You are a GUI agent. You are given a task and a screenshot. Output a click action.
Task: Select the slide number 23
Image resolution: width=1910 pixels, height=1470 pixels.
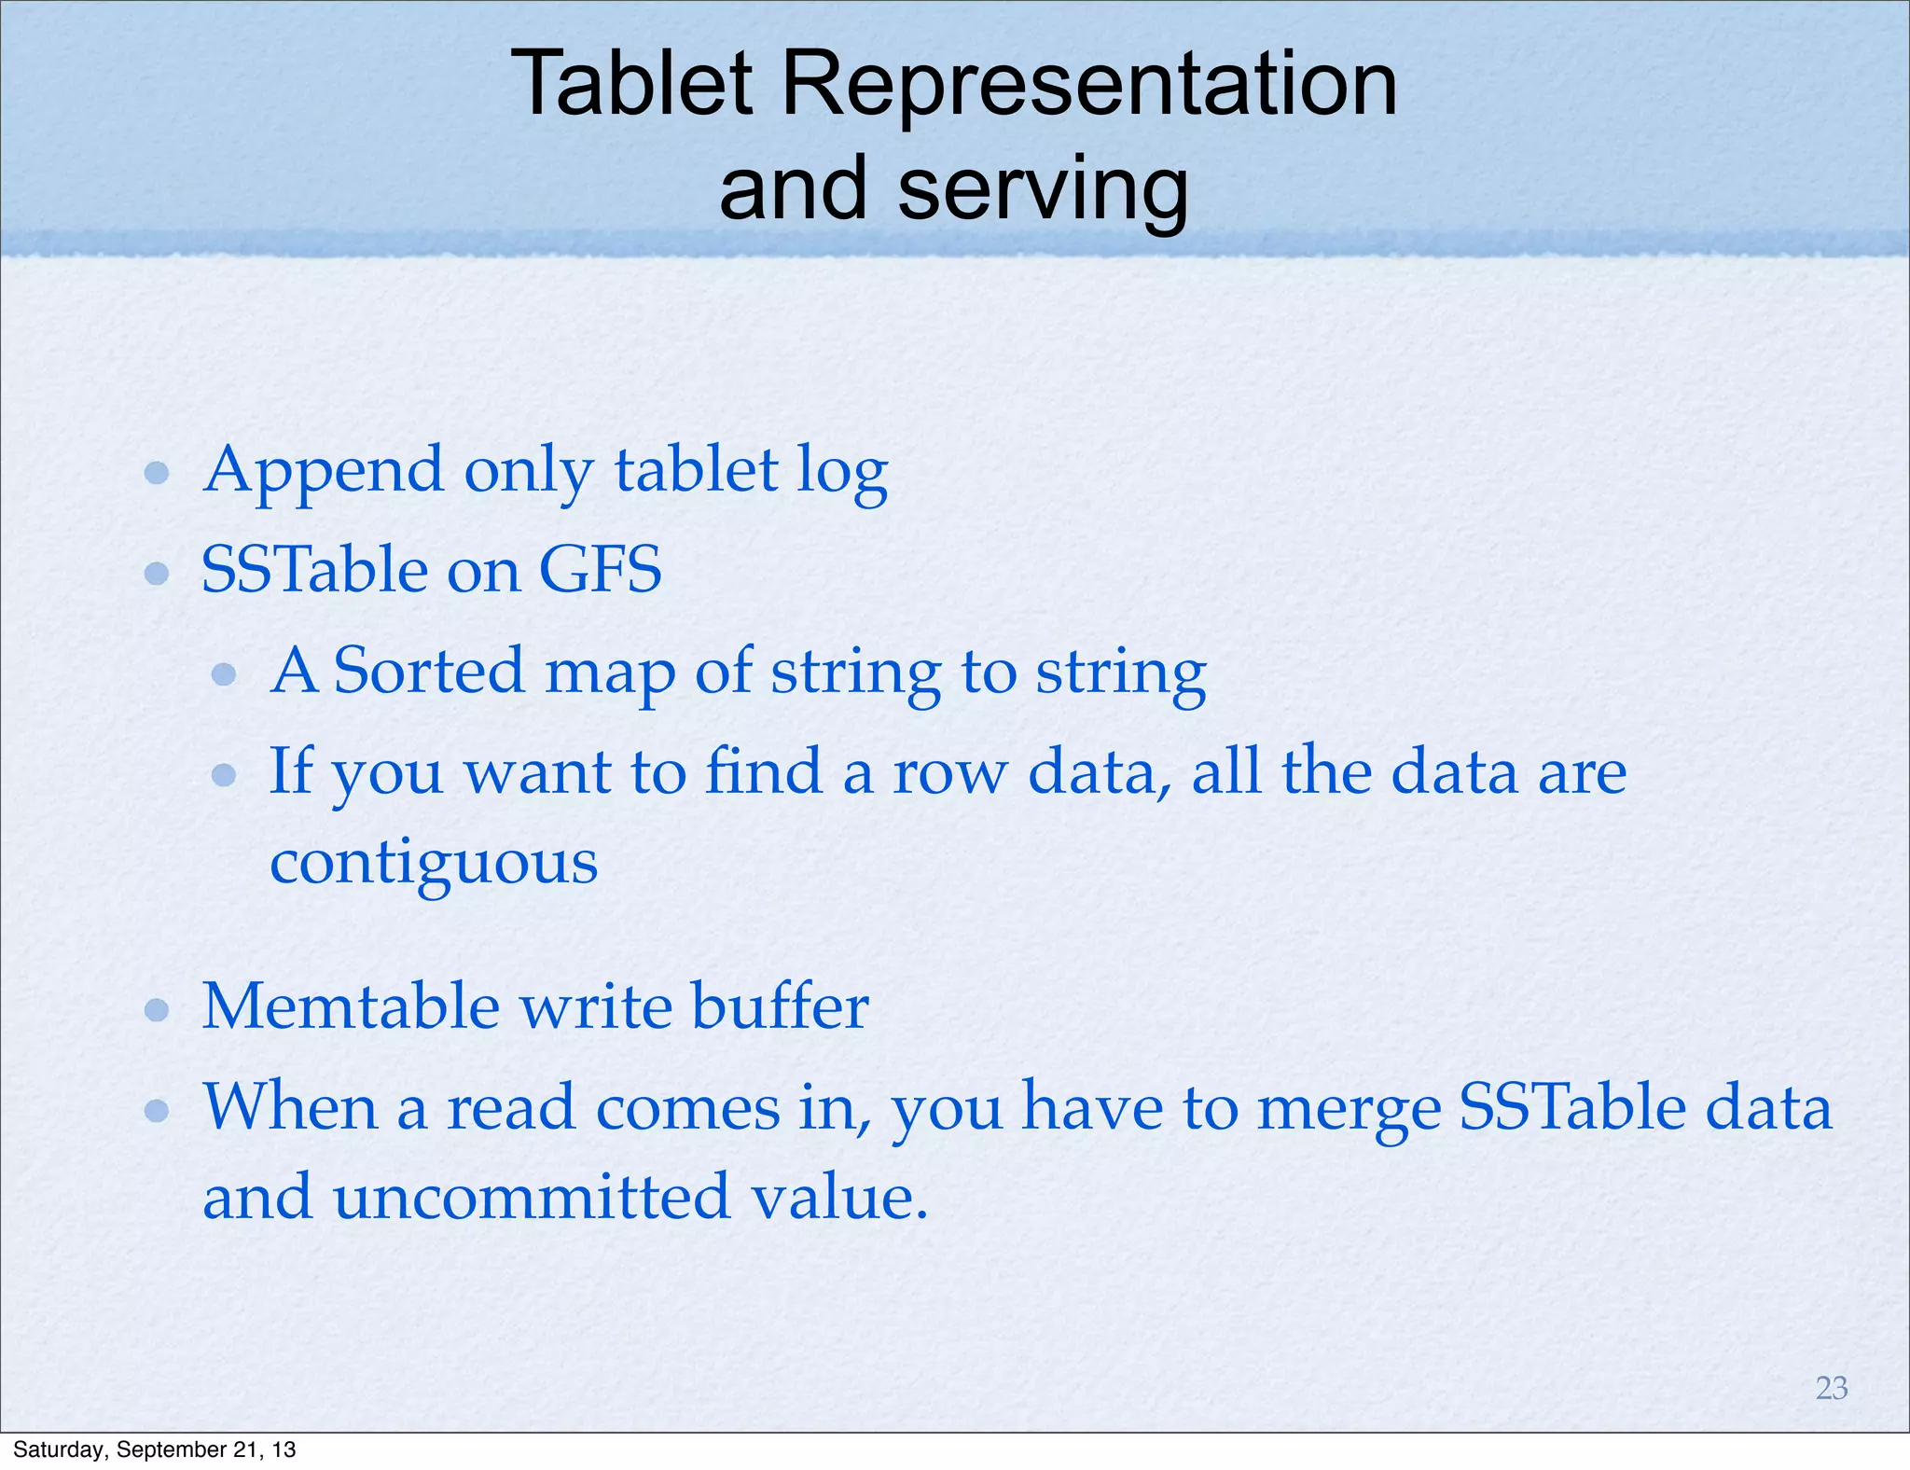[x=1832, y=1388]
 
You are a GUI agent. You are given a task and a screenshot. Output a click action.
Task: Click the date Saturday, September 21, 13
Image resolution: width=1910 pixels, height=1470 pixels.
[x=154, y=1449]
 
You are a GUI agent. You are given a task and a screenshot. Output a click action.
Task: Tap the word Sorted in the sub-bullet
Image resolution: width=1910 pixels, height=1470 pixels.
[x=429, y=671]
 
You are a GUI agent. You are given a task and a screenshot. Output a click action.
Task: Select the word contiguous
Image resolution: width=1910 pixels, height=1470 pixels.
[x=434, y=863]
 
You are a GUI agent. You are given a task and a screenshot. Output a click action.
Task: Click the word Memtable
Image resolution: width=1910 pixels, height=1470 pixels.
[x=351, y=1006]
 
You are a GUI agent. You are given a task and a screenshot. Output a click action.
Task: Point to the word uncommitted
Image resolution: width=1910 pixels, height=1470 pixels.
[x=532, y=1197]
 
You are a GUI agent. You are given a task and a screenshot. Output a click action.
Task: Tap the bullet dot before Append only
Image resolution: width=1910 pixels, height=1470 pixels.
[x=157, y=473]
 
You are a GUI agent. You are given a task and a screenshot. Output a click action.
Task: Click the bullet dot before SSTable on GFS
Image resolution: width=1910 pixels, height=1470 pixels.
[x=157, y=573]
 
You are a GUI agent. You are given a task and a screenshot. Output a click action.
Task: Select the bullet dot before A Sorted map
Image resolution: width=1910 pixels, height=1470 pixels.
[x=224, y=673]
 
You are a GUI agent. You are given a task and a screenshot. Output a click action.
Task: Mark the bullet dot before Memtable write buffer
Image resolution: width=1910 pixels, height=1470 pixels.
[x=157, y=1010]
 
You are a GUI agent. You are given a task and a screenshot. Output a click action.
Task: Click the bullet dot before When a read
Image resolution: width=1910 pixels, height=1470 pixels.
[x=157, y=1110]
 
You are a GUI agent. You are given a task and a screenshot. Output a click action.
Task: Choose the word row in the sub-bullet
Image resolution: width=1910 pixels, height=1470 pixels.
[x=948, y=773]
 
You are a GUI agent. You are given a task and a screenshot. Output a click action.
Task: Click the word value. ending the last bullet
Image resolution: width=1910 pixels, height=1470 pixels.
[x=839, y=1197]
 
